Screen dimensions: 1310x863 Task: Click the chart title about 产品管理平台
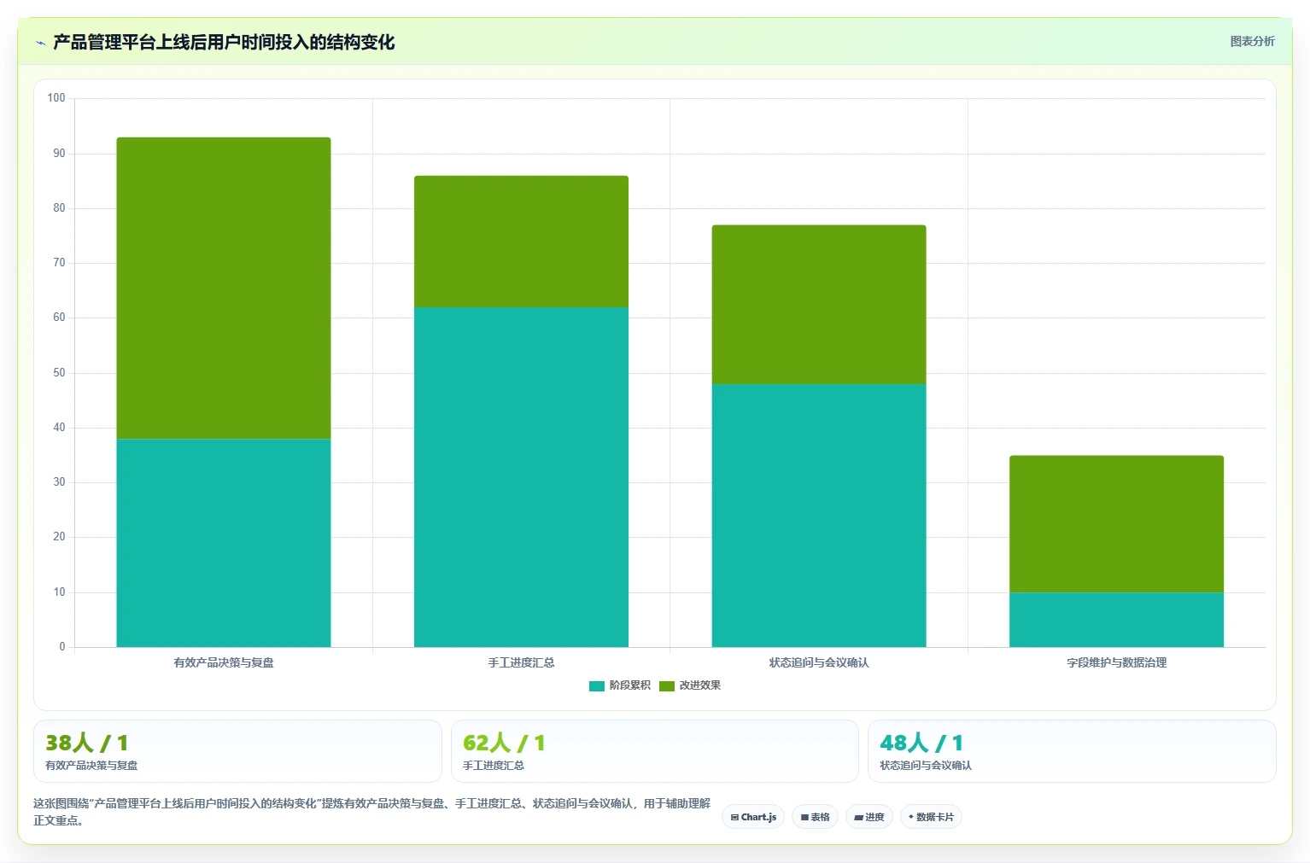coord(224,42)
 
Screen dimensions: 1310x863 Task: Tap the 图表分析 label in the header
coord(1252,42)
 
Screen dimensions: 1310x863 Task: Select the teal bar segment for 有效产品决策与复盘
coord(224,543)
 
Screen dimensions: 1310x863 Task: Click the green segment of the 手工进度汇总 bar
coord(521,242)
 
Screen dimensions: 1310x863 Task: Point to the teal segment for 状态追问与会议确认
coord(819,515)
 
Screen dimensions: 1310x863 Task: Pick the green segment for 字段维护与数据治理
coord(1116,524)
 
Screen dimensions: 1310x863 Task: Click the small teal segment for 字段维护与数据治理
coord(1116,620)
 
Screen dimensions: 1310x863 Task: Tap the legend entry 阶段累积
coord(620,685)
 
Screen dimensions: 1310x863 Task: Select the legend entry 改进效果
coord(690,685)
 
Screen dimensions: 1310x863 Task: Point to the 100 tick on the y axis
coord(56,97)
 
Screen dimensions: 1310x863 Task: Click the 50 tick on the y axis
coord(59,372)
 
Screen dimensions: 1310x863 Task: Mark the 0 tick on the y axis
coord(62,647)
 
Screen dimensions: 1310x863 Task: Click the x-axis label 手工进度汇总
coord(521,662)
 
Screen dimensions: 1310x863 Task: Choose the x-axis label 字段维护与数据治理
coord(1116,662)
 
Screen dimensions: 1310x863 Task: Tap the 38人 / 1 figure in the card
coord(86,743)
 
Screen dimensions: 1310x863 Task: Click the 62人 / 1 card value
coord(504,743)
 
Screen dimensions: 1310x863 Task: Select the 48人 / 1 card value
coord(921,743)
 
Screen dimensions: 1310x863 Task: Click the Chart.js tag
coord(753,817)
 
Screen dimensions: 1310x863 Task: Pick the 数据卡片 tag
coord(931,817)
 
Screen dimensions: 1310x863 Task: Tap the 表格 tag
coord(815,817)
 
